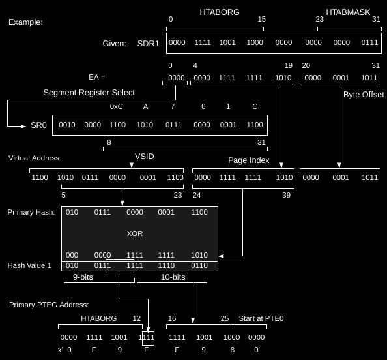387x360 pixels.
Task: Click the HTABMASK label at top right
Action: tap(348, 12)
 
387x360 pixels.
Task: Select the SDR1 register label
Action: tap(148, 44)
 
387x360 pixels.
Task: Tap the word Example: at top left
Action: tap(25, 22)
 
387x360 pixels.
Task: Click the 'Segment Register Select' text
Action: tap(89, 93)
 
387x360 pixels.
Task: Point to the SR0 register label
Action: tap(38, 125)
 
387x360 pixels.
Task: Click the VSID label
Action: tap(145, 156)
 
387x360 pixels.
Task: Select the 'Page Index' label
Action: tap(248, 160)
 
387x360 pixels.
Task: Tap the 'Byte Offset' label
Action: tap(364, 95)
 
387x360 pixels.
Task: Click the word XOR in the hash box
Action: tap(135, 233)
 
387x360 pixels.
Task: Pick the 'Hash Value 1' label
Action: tap(29, 265)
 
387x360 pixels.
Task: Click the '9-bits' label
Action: tap(83, 277)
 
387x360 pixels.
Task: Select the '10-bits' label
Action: tap(173, 277)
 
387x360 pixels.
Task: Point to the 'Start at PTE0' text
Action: tap(261, 318)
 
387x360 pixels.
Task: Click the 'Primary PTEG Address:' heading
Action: tap(49, 305)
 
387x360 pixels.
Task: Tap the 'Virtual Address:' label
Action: tap(35, 158)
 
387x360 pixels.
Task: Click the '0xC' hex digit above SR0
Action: tap(116, 106)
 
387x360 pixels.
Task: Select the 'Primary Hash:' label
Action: tap(31, 212)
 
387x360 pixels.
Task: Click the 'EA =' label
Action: tap(96, 77)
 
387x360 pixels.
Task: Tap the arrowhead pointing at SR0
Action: tap(23, 127)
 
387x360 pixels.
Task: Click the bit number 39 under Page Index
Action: tap(286, 195)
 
